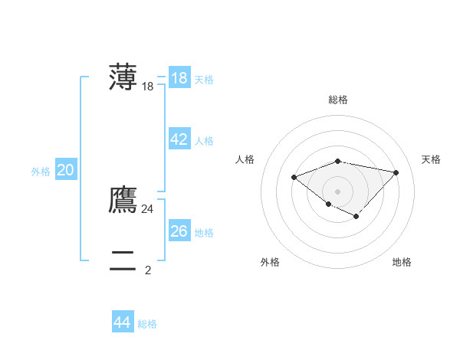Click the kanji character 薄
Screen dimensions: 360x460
123,77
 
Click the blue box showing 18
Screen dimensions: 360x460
179,78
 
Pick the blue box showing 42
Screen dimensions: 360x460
179,139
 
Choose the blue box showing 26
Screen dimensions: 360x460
179,231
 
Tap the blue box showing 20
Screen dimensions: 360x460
65,170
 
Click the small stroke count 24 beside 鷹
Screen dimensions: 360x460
147,208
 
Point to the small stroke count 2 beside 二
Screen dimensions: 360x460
148,270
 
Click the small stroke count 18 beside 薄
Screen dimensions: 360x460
148,87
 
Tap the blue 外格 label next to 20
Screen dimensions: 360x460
41,172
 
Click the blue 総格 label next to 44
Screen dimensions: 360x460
147,324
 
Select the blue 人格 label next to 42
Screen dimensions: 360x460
204,141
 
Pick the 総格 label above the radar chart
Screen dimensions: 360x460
338,100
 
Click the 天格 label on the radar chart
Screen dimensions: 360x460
431,159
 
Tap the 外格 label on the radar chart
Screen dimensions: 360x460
270,262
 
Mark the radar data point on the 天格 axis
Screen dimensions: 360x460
396,172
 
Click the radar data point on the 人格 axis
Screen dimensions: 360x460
294,178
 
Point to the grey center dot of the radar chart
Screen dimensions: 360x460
338,191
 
